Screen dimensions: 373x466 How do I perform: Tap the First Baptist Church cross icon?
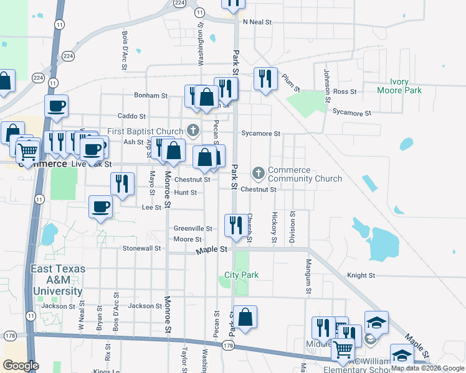193,131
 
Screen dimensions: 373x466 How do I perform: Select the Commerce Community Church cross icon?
259,172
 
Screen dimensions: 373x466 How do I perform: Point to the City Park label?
242,275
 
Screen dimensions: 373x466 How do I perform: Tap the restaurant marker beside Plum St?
265,78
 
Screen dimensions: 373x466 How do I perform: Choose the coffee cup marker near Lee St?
100,206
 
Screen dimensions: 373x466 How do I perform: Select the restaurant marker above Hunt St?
121,183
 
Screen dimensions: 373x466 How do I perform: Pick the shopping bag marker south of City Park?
245,316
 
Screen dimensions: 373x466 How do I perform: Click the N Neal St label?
257,22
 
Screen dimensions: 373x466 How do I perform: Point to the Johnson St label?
326,86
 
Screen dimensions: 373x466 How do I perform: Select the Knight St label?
361,275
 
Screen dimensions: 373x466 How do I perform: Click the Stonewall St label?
141,248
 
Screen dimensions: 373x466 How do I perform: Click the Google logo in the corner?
21,366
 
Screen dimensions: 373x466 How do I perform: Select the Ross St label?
345,91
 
